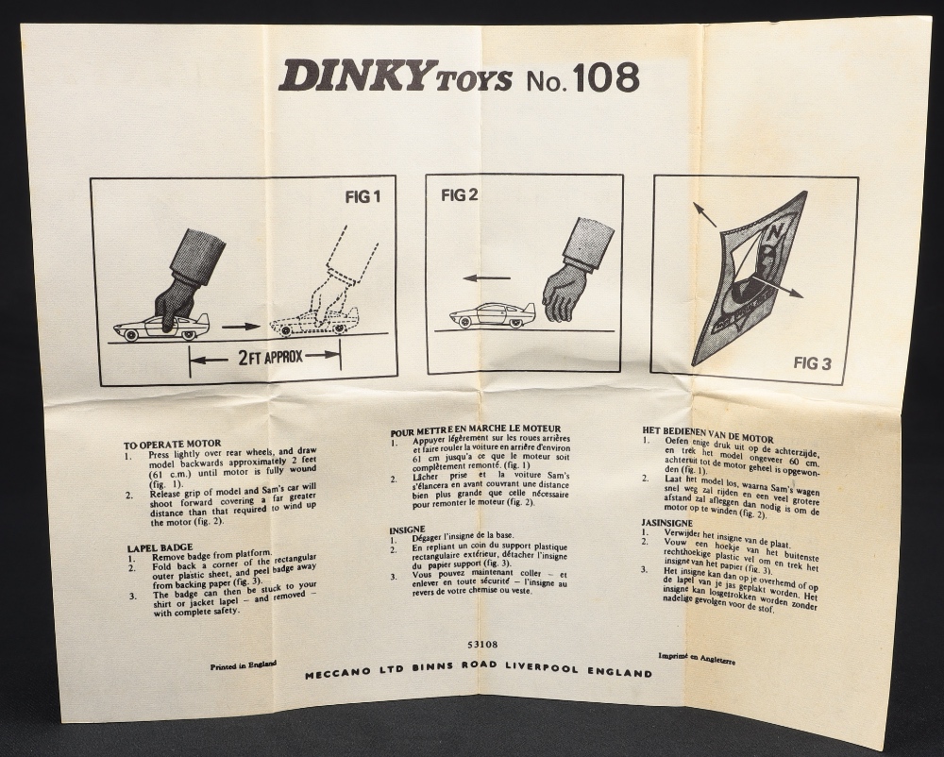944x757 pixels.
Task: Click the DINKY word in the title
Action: [351, 76]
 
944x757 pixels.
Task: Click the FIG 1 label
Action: [362, 196]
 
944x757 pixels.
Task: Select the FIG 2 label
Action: [460, 195]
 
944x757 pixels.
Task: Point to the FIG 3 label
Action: [812, 362]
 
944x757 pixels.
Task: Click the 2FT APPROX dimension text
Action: [270, 358]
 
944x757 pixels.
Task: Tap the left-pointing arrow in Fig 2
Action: [486, 278]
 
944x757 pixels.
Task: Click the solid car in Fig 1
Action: [162, 326]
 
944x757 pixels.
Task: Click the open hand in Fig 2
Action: [565, 292]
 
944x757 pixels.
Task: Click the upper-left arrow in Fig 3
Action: [704, 215]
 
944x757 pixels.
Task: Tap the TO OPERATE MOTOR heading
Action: [173, 445]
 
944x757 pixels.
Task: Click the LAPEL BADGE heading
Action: [160, 547]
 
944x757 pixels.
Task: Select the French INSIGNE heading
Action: [407, 530]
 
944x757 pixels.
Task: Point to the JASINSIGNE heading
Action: [666, 523]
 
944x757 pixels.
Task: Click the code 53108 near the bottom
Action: [481, 645]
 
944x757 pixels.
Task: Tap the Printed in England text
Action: [244, 664]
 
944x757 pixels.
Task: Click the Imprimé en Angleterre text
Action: [697, 659]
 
